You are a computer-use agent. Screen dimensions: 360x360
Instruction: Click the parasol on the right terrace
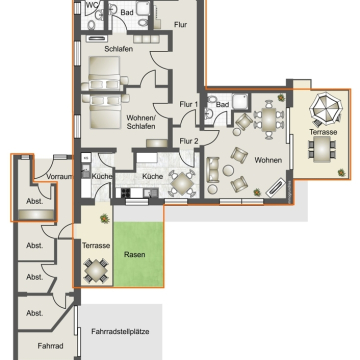tap(326, 108)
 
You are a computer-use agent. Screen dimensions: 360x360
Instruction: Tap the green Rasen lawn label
tap(135, 255)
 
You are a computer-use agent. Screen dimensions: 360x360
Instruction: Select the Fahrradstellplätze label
tap(120, 332)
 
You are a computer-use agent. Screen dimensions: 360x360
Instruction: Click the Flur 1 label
tap(189, 104)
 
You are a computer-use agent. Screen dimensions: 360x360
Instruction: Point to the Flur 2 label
tap(189, 141)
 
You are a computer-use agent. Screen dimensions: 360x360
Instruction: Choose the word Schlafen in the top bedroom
tap(119, 49)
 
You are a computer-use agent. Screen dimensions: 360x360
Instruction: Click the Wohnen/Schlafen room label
tap(141, 122)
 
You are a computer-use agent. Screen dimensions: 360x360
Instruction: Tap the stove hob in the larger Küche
tap(126, 192)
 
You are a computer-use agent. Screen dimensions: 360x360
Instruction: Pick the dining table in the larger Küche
tap(182, 183)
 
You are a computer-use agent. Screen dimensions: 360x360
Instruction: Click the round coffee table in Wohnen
tap(228, 170)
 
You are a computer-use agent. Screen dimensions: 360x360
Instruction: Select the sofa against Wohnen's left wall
tap(213, 170)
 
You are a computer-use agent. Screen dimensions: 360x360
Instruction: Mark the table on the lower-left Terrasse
tap(96, 270)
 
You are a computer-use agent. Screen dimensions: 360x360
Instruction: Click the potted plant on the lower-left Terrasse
tap(105, 219)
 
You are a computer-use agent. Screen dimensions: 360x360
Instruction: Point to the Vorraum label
tap(59, 177)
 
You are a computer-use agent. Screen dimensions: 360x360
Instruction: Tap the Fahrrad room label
tap(50, 346)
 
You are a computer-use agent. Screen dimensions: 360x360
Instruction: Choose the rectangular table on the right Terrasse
tap(322, 149)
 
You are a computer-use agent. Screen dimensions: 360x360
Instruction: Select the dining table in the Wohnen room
tap(269, 119)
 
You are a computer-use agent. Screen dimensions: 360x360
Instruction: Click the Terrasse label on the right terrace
tap(323, 132)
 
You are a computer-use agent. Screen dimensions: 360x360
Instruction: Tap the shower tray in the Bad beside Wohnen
tap(240, 102)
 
